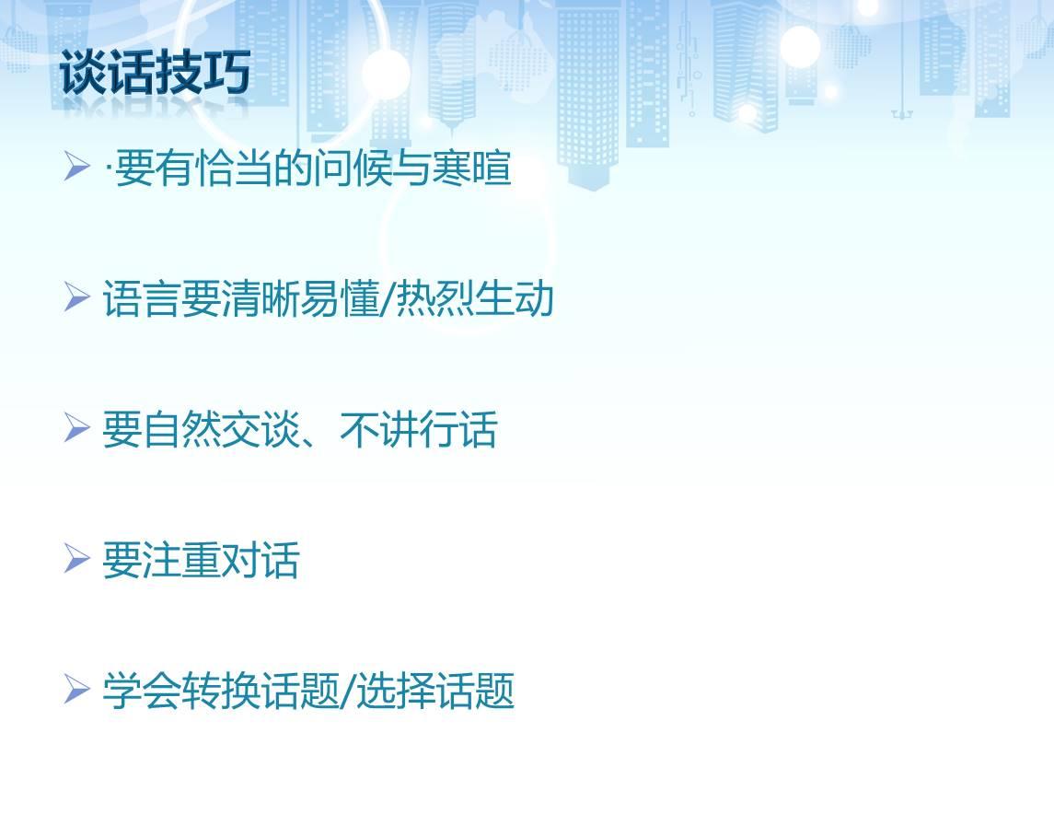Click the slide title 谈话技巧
156,72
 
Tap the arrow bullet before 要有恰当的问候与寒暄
76,167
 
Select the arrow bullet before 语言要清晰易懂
76,297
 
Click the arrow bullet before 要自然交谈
76,428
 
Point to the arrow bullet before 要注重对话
76,559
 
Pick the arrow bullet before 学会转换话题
76,690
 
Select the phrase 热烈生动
475,297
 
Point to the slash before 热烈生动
388,299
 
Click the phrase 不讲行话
418,429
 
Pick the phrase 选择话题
434,691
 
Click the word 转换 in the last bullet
221,691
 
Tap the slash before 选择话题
348,692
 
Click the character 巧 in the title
227,72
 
